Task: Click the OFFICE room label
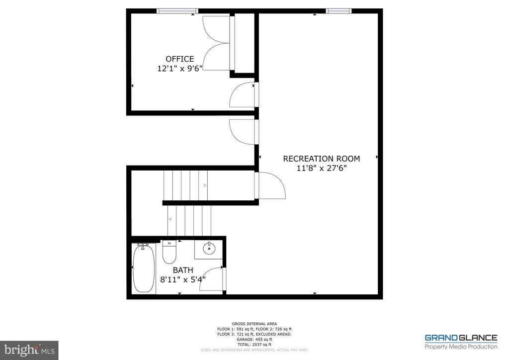click(x=179, y=59)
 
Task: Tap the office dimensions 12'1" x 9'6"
click(x=179, y=70)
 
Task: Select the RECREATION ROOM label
click(x=321, y=159)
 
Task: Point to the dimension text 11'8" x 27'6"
click(x=321, y=169)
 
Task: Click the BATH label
click(x=182, y=270)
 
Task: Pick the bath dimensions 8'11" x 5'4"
click(x=182, y=279)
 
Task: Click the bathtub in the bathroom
click(x=144, y=268)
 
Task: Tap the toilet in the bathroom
click(x=169, y=253)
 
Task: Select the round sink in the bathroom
click(x=209, y=249)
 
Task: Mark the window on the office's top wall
click(x=177, y=11)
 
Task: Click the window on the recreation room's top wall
click(x=339, y=11)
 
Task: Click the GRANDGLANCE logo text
click(x=460, y=338)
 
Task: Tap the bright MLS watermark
click(x=29, y=350)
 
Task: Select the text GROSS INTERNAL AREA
click(x=254, y=324)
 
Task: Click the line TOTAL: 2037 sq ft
click(x=254, y=344)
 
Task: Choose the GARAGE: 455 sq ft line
click(x=254, y=339)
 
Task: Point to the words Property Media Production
click(x=460, y=347)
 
